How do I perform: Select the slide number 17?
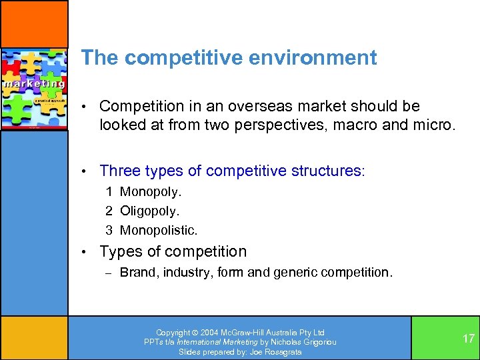click(469, 338)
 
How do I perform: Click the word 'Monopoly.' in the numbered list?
click(151, 192)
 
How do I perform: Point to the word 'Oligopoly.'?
click(150, 211)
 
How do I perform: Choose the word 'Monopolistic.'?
click(159, 231)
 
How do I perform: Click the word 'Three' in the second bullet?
click(120, 171)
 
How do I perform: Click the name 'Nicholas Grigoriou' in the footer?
click(303, 342)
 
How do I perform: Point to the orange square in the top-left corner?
click(33, 23)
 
